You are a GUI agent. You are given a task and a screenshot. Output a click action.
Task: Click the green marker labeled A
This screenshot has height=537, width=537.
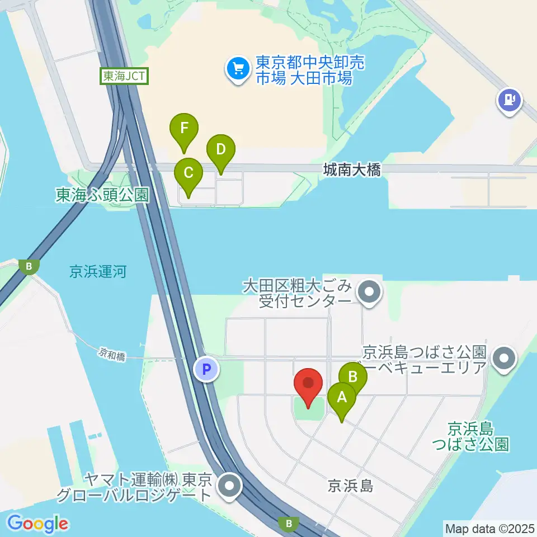click(x=341, y=399)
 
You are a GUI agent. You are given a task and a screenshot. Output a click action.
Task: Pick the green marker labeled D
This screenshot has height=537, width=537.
click(x=221, y=150)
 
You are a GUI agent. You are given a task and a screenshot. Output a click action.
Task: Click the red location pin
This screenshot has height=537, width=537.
click(x=308, y=384)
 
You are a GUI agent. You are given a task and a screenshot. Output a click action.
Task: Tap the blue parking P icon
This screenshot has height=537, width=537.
click(x=206, y=369)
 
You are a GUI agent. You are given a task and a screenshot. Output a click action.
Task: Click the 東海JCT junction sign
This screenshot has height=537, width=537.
click(x=125, y=76)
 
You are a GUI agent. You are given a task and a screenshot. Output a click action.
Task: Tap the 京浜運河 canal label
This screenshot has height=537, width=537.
click(x=98, y=272)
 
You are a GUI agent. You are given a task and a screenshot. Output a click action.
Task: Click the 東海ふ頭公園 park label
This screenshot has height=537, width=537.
click(x=102, y=195)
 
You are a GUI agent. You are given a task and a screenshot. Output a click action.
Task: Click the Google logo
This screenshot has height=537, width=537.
click(x=37, y=523)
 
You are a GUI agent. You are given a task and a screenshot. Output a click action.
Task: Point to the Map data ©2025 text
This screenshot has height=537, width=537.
click(x=489, y=528)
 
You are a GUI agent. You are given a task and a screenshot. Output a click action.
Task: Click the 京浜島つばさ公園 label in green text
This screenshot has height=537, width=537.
click(x=478, y=437)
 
